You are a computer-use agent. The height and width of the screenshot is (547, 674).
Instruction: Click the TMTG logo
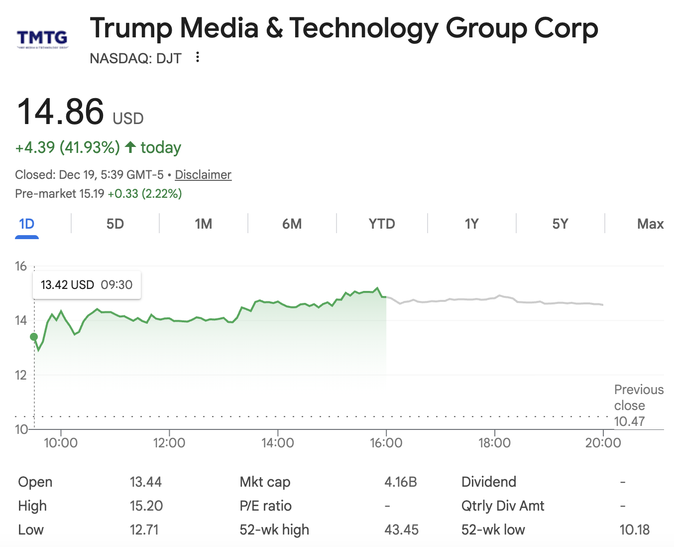coord(42,38)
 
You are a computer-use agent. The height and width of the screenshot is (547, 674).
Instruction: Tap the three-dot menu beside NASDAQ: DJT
coord(198,57)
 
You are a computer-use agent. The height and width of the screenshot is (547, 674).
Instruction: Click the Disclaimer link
coord(203,175)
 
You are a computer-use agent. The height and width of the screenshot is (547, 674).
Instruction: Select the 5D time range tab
coord(115,224)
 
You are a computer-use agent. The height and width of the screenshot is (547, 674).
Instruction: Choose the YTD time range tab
coord(382,224)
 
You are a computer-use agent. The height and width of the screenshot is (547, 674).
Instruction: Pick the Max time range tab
coord(650,224)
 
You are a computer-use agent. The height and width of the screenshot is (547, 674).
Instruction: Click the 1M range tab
coord(203,224)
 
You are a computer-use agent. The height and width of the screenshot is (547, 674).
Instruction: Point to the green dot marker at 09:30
coord(34,337)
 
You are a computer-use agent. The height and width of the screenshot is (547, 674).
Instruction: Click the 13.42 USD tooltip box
coord(87,285)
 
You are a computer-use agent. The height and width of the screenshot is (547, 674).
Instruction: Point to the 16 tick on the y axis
coord(21,267)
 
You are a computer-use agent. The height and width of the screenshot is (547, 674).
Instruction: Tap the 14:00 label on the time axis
coord(277,443)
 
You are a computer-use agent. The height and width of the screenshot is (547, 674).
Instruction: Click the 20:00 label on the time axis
coord(603,443)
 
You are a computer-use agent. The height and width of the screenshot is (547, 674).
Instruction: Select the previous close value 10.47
coord(629,421)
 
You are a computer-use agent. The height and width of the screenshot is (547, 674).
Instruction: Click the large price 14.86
coord(61,112)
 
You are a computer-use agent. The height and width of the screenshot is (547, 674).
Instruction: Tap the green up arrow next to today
coord(130,147)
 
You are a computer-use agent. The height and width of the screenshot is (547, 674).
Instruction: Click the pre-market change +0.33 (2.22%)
coord(145,194)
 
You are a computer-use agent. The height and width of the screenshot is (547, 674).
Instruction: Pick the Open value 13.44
coord(145,482)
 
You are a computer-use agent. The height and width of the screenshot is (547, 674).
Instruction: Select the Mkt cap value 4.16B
coord(400,482)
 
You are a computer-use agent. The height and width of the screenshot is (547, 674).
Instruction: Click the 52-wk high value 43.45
coord(401,530)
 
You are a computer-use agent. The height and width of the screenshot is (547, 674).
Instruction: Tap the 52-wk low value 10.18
coord(634,530)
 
